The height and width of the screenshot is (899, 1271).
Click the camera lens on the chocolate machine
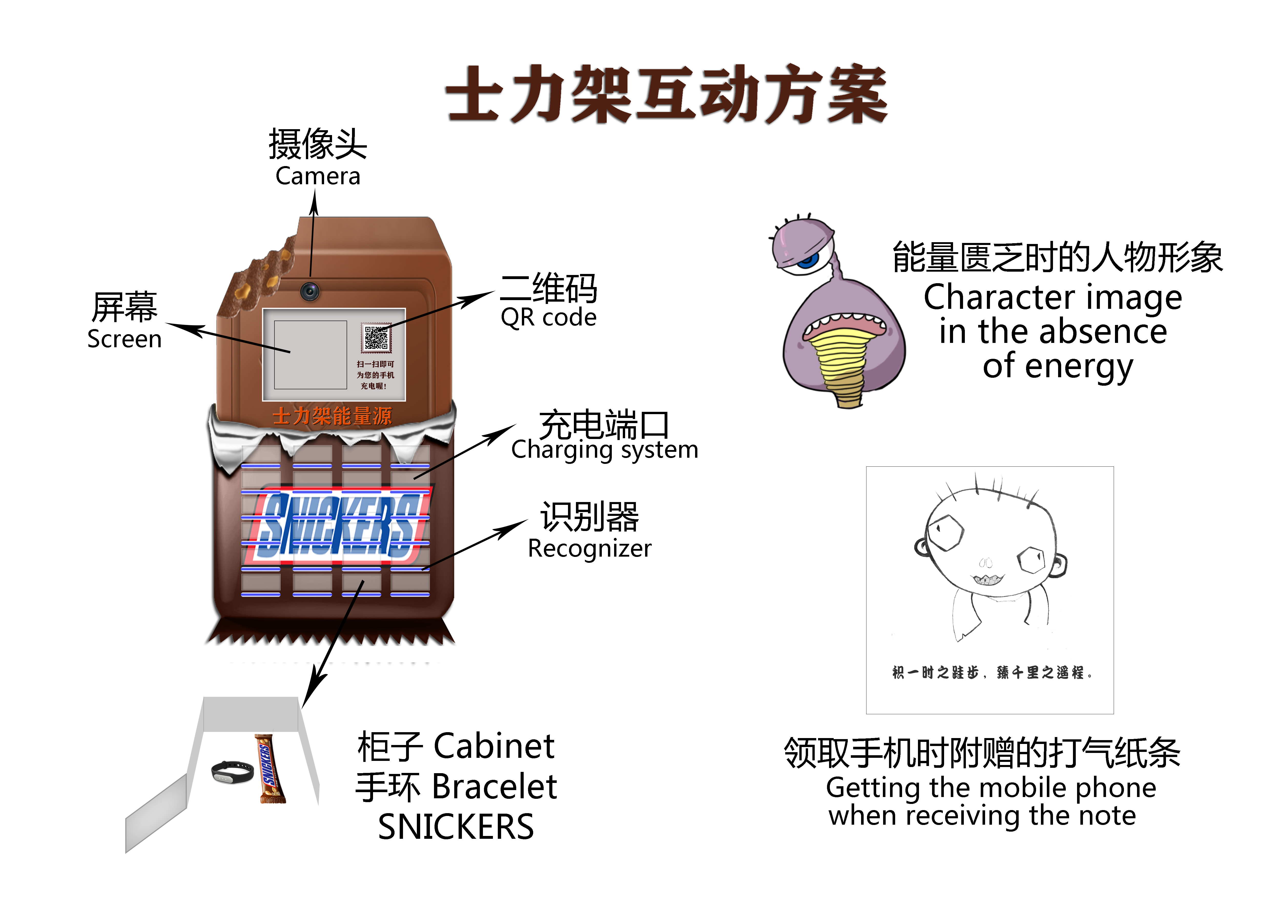tap(310, 291)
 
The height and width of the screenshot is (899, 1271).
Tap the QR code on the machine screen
tap(376, 338)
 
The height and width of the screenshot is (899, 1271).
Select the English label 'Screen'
tap(125, 339)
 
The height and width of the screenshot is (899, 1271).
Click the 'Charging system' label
tap(605, 449)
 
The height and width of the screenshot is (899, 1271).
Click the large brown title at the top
tap(667, 94)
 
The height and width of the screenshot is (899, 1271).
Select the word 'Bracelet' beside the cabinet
tap(494, 787)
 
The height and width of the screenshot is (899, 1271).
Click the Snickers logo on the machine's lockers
tap(338, 526)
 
